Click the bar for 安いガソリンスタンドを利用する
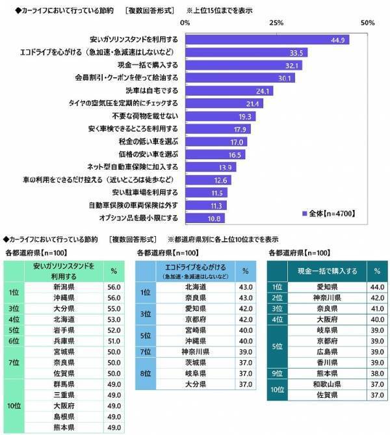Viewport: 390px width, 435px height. pos(266,40)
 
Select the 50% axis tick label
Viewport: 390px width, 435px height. pos(367,23)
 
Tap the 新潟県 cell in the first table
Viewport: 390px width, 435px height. pos(62,286)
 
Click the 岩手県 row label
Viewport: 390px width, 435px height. pos(62,330)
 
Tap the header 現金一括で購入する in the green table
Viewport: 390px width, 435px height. pos(324,270)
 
